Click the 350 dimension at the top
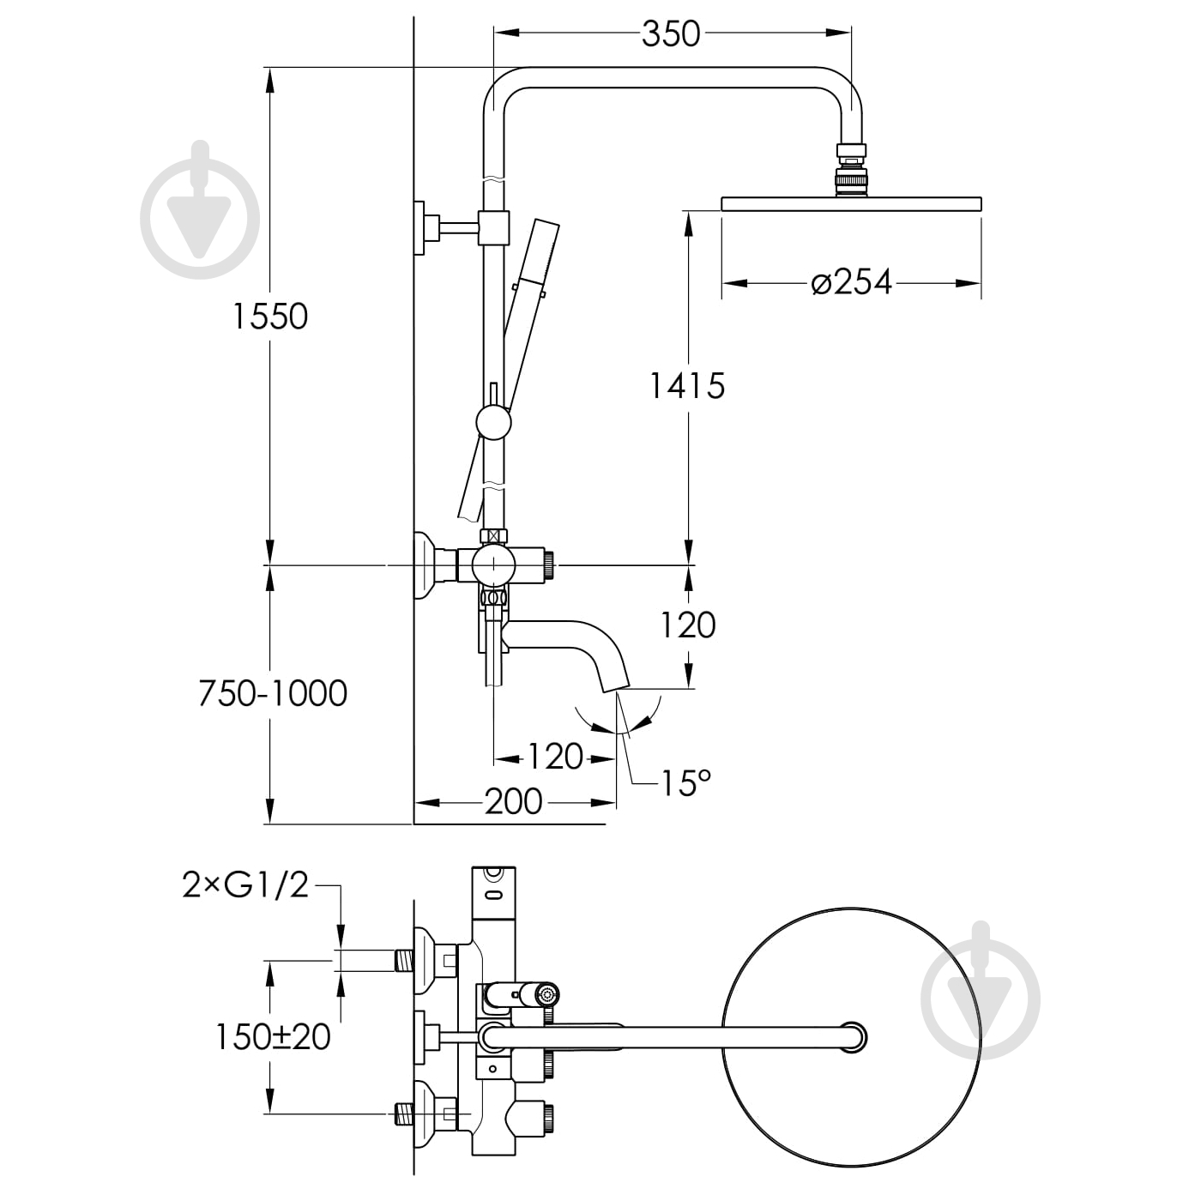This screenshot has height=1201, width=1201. point(671,34)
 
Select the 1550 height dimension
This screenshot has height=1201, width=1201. point(270,317)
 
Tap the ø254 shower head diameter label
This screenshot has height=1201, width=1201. point(852,282)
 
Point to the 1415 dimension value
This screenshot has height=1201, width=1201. point(686,386)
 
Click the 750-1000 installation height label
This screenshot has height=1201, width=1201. point(273,693)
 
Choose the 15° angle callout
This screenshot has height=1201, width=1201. point(685,782)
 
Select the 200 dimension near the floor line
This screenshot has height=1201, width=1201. point(514,802)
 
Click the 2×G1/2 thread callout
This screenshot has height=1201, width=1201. point(245,884)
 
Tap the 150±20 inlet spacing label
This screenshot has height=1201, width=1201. point(273,1037)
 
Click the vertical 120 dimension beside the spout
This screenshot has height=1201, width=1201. point(688,625)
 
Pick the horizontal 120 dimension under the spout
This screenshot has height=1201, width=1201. point(555,757)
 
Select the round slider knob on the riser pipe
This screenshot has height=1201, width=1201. point(493,424)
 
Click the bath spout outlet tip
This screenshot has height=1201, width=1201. point(615,682)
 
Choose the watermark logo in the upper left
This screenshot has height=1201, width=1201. point(200,210)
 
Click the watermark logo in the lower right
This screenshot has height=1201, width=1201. point(981,991)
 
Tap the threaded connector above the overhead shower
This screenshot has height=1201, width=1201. point(851,171)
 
